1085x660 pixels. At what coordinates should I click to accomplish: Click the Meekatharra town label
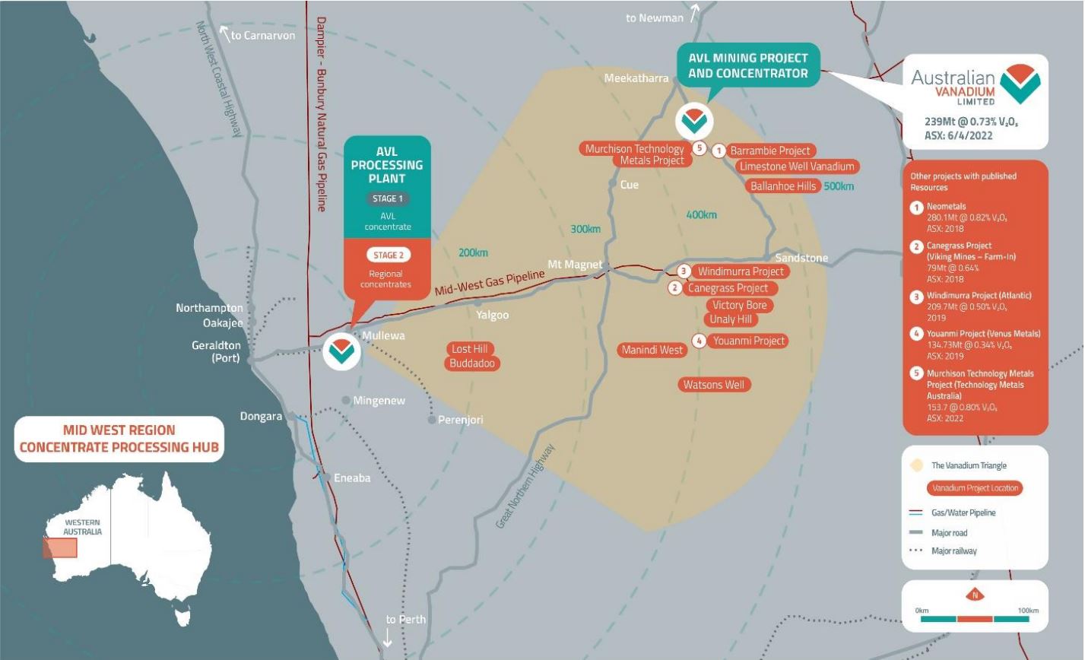[636, 78]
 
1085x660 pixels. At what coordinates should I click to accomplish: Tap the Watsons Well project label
[713, 385]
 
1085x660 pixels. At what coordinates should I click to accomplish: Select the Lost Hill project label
[469, 349]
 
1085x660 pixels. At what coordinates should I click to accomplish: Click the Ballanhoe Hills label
[782, 186]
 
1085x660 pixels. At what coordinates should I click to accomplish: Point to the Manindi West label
[652, 351]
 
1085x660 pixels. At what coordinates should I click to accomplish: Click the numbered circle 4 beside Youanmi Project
[700, 341]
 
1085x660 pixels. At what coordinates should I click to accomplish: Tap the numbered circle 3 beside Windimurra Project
[684, 271]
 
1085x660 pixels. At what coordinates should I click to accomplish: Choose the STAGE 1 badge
[387, 198]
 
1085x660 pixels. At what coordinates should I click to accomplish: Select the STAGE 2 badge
[386, 255]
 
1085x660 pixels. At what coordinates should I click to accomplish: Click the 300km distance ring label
[585, 229]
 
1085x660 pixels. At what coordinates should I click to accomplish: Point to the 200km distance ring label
[473, 252]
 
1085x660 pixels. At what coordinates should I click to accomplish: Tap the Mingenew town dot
[346, 400]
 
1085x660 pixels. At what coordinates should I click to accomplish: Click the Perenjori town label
[460, 420]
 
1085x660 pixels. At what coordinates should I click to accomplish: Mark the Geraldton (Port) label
[216, 351]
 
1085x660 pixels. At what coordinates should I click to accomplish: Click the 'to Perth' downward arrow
[387, 639]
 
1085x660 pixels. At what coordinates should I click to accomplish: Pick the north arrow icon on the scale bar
[975, 595]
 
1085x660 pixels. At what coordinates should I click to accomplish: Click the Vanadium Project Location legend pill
[974, 488]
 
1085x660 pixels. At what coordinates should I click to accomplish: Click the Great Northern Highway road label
[525, 487]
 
